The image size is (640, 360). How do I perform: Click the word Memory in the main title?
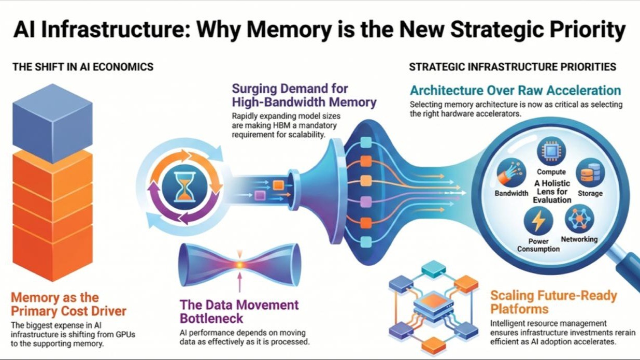(x=289, y=30)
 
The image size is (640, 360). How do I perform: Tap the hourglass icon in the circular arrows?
(x=185, y=187)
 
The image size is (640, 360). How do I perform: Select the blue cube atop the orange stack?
(x=52, y=123)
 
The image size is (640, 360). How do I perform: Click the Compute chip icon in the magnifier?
(x=551, y=151)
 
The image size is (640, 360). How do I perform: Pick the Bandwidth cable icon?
(x=511, y=172)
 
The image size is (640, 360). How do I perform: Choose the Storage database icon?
(x=590, y=172)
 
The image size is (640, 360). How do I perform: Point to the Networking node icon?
(x=579, y=219)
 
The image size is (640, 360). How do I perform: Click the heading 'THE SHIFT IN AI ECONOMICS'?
(x=83, y=67)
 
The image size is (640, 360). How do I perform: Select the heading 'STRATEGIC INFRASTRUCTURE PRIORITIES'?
(x=513, y=67)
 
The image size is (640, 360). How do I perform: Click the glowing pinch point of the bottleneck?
(x=240, y=265)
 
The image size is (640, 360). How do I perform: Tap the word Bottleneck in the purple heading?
(x=211, y=319)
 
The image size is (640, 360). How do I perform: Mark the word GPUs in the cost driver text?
(x=125, y=334)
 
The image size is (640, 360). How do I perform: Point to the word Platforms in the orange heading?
(x=519, y=309)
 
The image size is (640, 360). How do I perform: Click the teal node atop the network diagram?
(x=433, y=269)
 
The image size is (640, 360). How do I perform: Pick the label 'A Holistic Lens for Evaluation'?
(x=552, y=192)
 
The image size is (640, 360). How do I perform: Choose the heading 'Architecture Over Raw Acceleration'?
(x=516, y=91)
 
